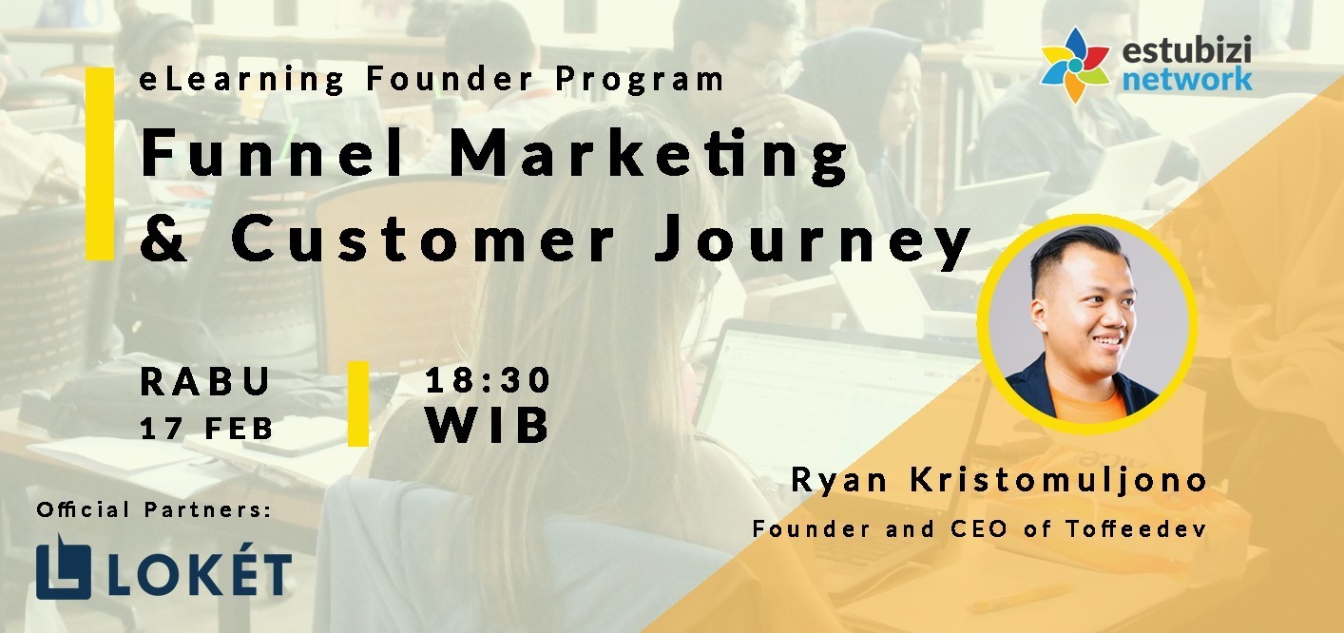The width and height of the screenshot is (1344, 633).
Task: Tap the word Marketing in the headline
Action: tap(648, 155)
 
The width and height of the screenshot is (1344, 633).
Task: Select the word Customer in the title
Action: tap(423, 238)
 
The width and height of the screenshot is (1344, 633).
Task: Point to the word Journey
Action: tap(813, 242)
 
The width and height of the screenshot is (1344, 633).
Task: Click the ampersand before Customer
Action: tap(163, 239)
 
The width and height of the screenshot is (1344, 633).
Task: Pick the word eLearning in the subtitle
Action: tap(241, 80)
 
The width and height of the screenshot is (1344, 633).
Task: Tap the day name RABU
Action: tap(205, 381)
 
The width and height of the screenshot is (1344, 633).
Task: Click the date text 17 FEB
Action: tap(206, 429)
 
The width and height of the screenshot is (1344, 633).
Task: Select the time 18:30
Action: tap(488, 380)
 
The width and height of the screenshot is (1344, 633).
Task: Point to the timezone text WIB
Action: tap(488, 425)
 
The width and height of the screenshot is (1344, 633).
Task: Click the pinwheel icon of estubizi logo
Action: tap(1075, 65)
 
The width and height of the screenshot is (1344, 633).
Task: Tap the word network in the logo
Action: tap(1187, 79)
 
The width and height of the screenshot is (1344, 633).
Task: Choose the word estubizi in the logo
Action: tap(1186, 49)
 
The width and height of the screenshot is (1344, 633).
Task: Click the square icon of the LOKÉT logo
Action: tap(64, 567)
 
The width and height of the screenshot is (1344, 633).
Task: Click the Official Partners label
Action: tap(154, 509)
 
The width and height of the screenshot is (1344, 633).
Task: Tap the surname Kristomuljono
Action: tap(1059, 479)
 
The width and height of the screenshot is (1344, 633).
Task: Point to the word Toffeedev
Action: tap(1137, 528)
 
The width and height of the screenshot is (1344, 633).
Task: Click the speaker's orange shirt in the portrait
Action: tap(1088, 404)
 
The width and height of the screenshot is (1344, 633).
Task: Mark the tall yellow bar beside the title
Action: tap(100, 163)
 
